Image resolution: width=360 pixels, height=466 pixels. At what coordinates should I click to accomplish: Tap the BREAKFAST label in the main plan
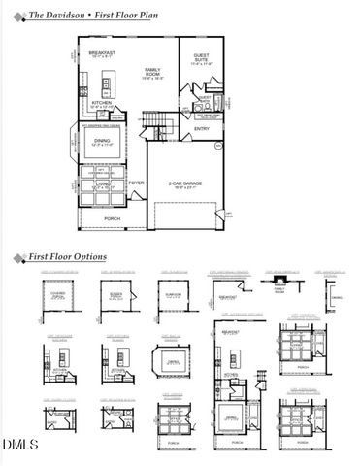[x=102, y=53]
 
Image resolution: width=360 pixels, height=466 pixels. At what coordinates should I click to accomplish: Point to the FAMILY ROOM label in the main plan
[x=153, y=72]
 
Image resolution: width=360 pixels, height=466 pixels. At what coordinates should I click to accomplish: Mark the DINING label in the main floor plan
[x=102, y=142]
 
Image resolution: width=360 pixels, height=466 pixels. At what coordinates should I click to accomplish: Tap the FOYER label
[x=136, y=183]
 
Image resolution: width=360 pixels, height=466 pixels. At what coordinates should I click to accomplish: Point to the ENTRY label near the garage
[x=202, y=128]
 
